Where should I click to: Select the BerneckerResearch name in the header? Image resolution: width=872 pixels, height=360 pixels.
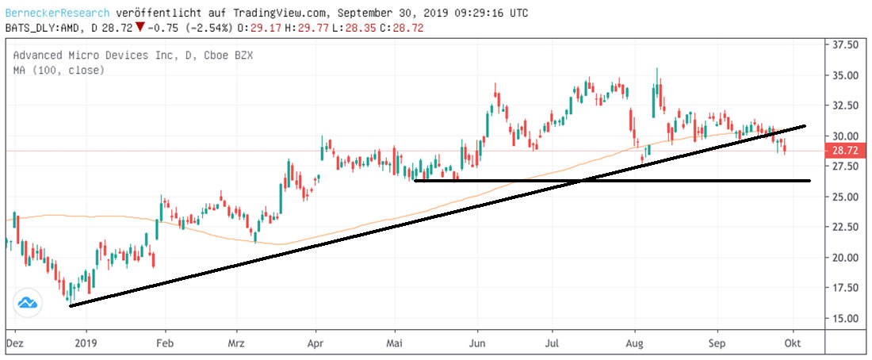point(55,13)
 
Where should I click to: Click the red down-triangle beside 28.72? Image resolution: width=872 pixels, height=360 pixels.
point(140,28)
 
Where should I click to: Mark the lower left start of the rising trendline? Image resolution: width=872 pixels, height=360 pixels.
point(71,305)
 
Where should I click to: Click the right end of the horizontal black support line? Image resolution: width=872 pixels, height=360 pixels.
point(809,181)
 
